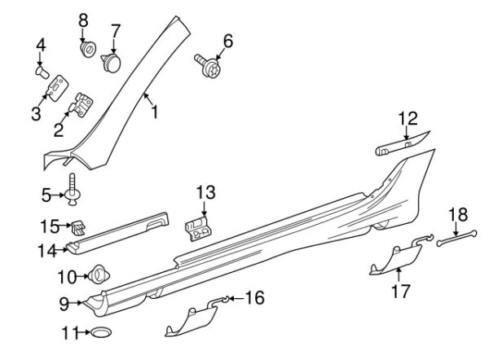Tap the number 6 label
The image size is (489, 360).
coord(227,40)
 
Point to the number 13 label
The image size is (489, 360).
coord(205,193)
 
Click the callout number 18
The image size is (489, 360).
coord(459,215)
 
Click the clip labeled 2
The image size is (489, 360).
coord(83,105)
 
